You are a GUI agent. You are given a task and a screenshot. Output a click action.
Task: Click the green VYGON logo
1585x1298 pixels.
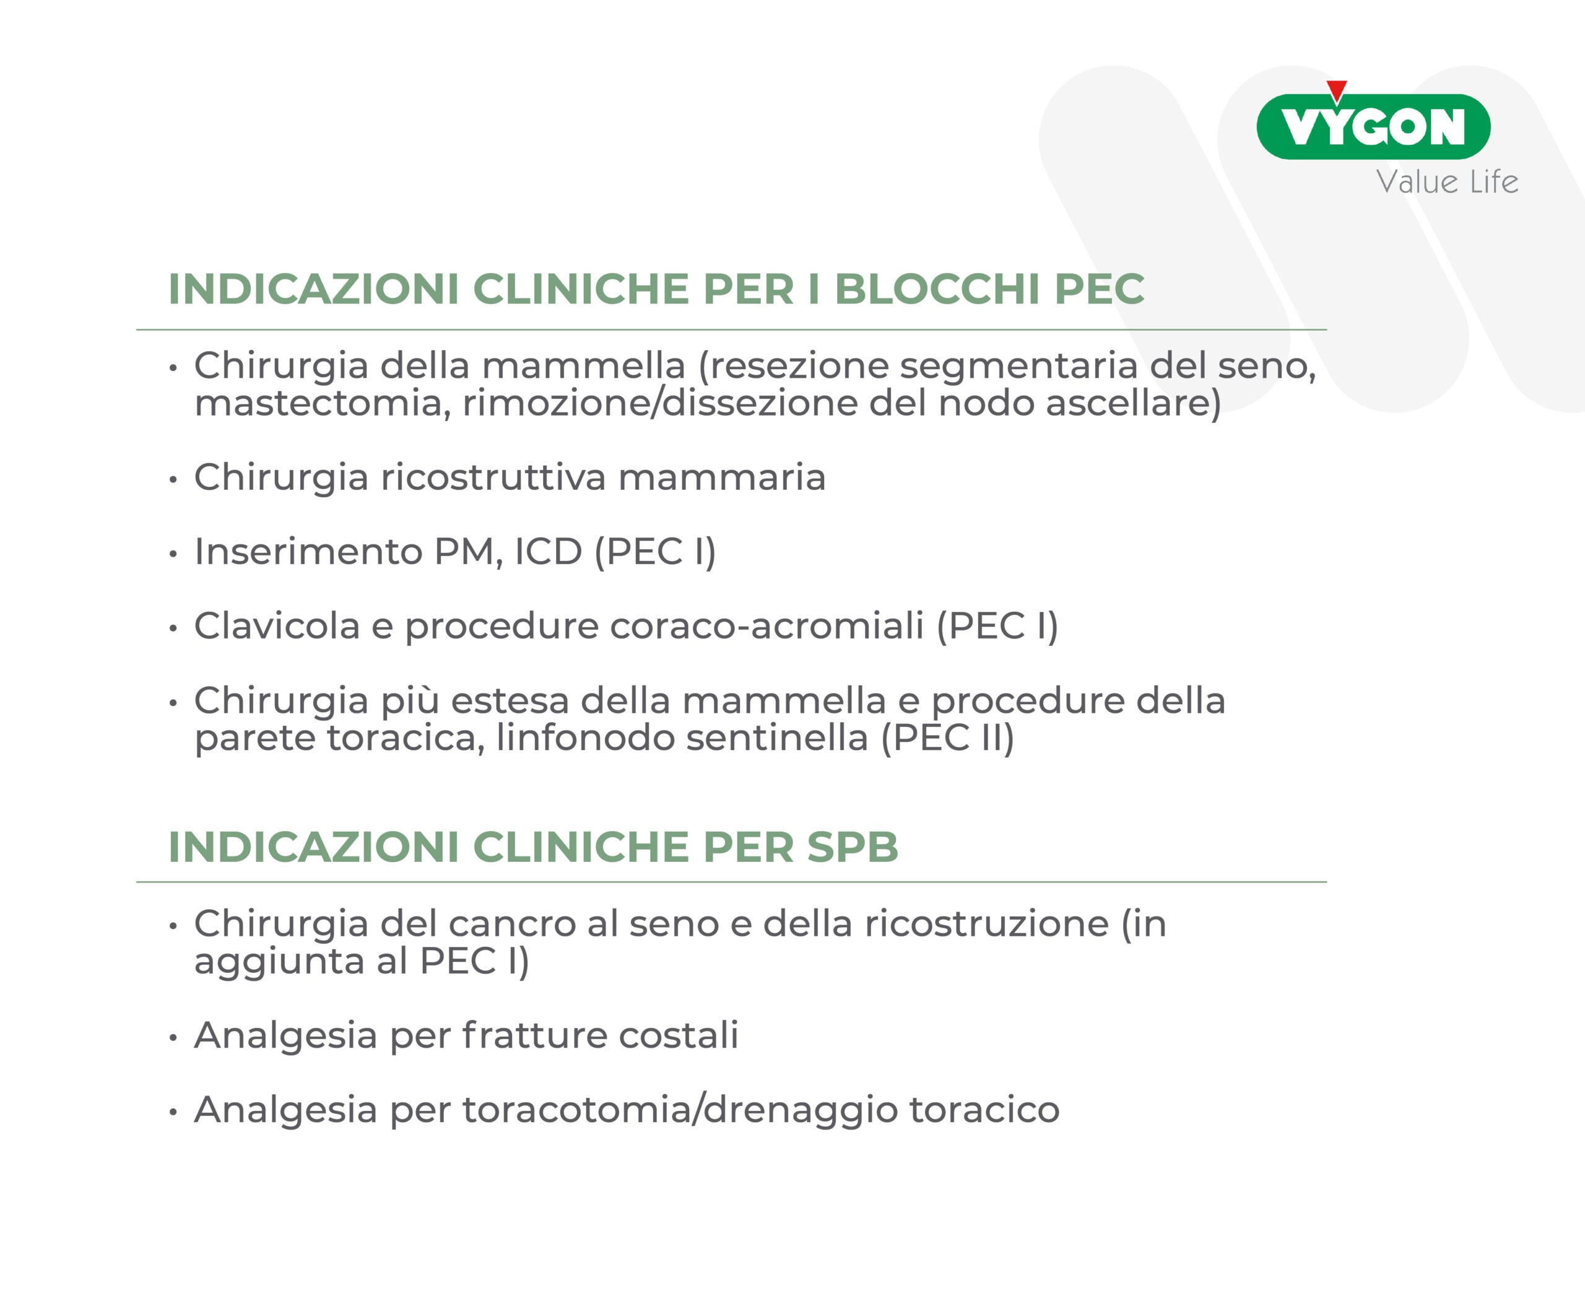[1373, 126]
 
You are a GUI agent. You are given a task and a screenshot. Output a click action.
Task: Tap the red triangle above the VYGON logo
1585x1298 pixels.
[1337, 90]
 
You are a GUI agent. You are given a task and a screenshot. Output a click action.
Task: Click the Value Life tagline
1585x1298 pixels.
[1447, 181]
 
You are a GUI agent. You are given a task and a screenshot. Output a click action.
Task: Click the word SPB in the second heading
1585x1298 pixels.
[853, 847]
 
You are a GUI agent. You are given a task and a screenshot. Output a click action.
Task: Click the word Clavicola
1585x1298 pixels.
[277, 626]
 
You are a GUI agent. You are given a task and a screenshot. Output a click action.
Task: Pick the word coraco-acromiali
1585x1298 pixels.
[766, 626]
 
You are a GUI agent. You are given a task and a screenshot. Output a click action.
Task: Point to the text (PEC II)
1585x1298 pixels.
[947, 738]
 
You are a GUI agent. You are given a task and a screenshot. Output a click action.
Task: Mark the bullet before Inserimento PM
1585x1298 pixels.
[173, 555]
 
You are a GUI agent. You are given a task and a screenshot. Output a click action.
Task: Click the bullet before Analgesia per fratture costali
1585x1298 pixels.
[173, 1039]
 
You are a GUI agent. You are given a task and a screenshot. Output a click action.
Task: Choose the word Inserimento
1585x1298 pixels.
[309, 551]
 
